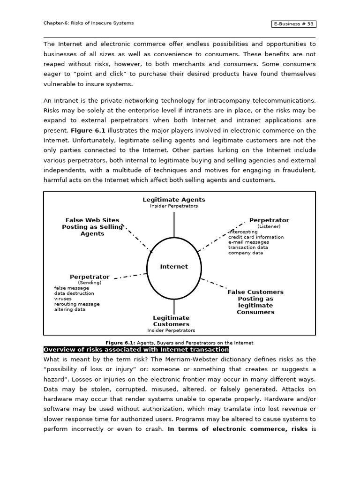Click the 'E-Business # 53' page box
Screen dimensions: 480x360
click(293, 24)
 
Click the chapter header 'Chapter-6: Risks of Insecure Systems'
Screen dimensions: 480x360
click(89, 23)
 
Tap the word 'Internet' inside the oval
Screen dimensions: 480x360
click(174, 266)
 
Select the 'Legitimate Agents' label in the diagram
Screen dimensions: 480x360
click(174, 200)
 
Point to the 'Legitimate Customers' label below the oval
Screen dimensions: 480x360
click(171, 321)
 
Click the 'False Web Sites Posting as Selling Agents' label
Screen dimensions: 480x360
click(92, 227)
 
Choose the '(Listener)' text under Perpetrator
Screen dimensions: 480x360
click(269, 226)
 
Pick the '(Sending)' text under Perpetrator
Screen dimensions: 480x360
click(90, 283)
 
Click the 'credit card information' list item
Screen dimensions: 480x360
click(256, 237)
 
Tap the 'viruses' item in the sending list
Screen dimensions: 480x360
click(63, 299)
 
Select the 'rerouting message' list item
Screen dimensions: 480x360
click(76, 304)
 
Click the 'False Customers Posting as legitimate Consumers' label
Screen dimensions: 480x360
click(255, 302)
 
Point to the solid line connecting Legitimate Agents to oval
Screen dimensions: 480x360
click(174, 225)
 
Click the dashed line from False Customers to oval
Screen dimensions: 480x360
click(214, 283)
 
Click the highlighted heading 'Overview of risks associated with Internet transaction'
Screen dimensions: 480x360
click(136, 350)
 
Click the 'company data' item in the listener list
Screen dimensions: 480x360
click(246, 253)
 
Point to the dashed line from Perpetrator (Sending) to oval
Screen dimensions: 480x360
click(130, 276)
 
